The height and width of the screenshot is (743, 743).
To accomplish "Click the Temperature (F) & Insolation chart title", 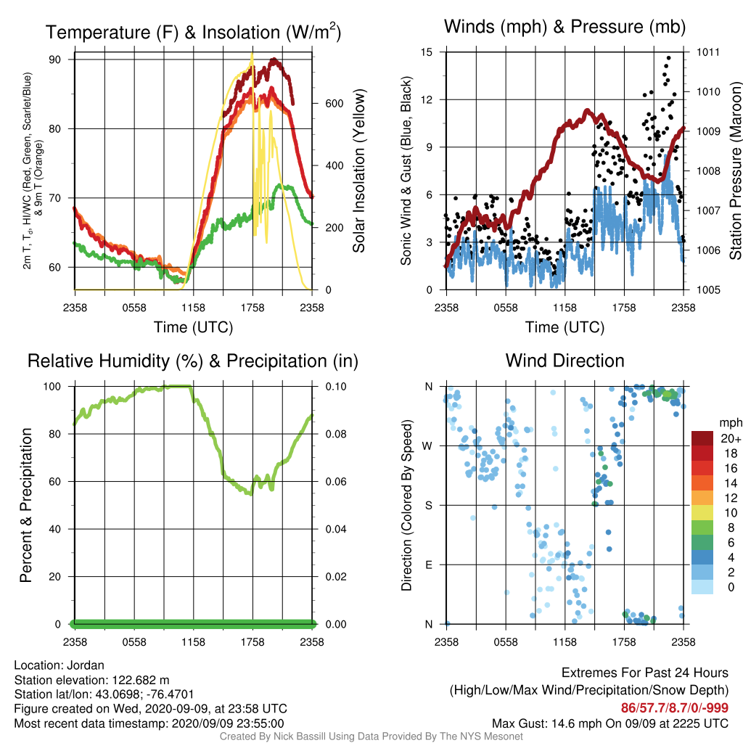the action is (193, 32).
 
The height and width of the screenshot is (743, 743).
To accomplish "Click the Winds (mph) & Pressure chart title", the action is (565, 27).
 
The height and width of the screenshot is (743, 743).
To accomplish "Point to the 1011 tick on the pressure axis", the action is (708, 52).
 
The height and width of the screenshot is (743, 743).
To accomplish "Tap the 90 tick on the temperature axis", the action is (55, 59).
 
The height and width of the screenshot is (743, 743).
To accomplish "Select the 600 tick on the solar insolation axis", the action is (334, 104).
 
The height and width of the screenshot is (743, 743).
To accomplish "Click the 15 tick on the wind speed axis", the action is (427, 52).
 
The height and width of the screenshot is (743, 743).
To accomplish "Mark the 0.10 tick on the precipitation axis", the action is (336, 387).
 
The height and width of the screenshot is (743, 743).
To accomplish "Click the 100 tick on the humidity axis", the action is (52, 387).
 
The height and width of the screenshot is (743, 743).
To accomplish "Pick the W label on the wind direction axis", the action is (427, 446).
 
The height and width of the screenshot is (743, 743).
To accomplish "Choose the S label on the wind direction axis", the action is (428, 506).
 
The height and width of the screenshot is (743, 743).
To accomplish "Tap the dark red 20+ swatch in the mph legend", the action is (702, 438).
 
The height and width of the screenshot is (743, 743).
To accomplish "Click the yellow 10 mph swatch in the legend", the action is (702, 513).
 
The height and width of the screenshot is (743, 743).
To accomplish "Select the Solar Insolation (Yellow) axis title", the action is (359, 171).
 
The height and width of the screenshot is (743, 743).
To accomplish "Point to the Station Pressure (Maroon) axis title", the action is (735, 171).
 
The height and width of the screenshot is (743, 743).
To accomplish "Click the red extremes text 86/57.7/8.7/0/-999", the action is (675, 708).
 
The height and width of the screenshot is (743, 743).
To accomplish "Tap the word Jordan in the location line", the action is (86, 665).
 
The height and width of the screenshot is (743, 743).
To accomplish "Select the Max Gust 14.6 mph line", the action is (609, 723).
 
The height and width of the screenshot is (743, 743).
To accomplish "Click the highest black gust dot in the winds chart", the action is (668, 58).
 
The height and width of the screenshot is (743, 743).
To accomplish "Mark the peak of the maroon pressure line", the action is (587, 111).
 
